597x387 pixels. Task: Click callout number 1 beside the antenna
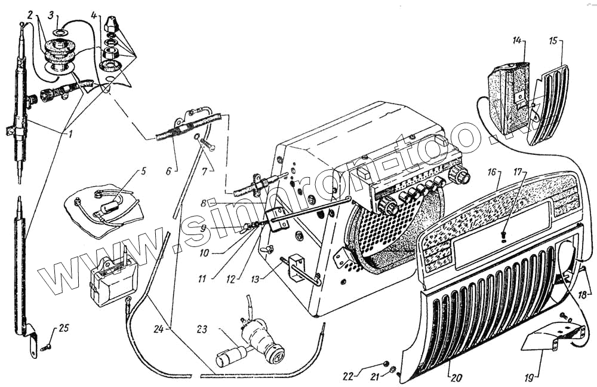(x=70, y=132)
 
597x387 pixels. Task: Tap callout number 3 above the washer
(x=52, y=13)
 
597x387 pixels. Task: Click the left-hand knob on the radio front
(x=389, y=207)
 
